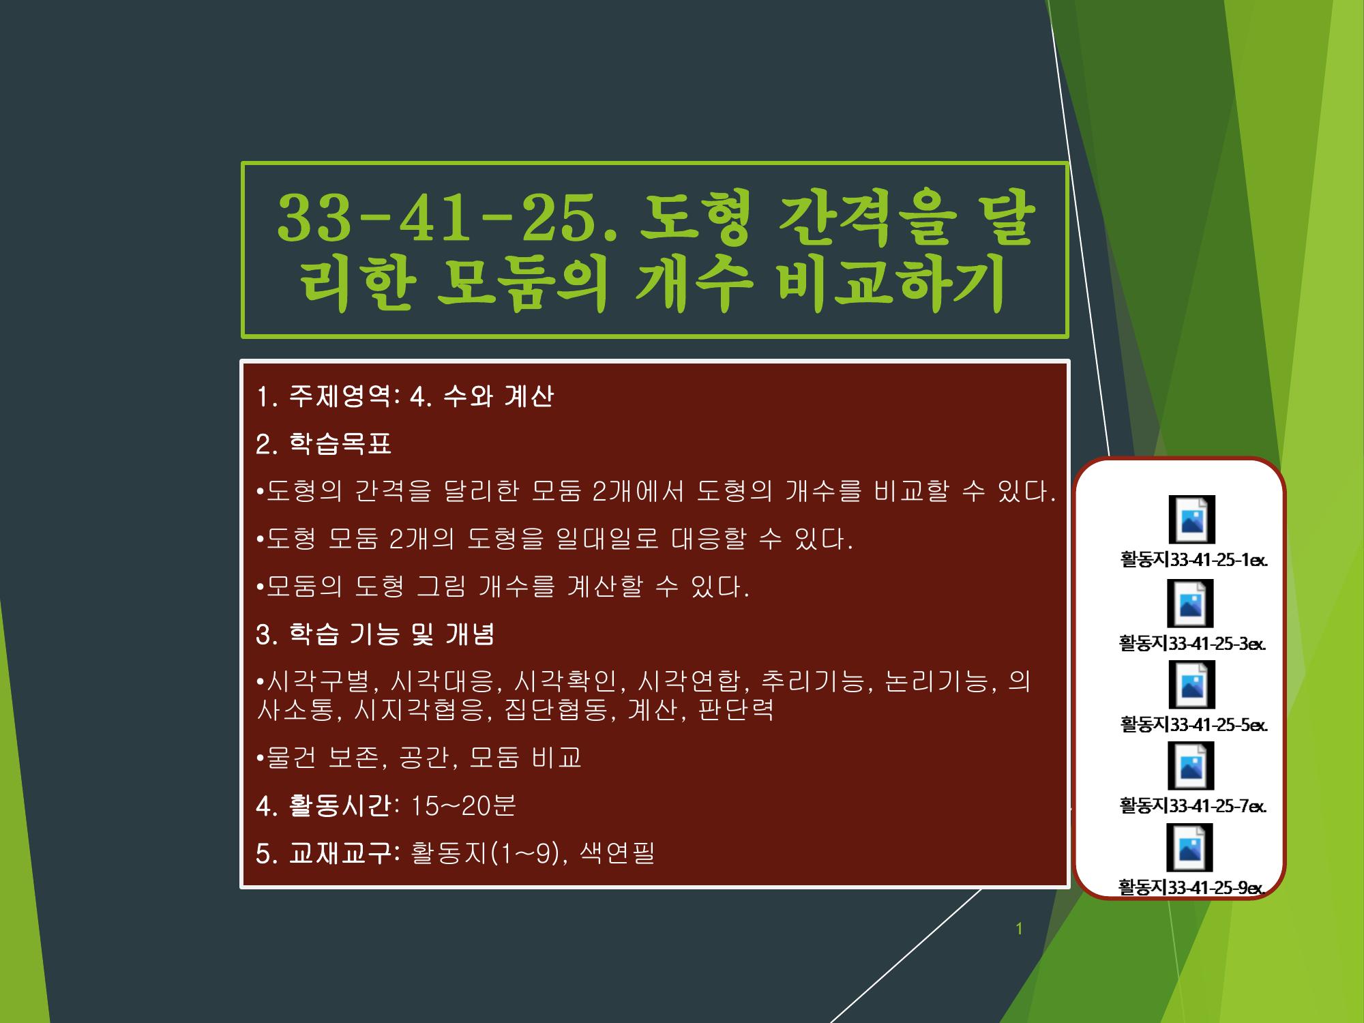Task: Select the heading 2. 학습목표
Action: (323, 444)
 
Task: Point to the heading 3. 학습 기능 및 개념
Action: (375, 634)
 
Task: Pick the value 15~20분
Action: (464, 805)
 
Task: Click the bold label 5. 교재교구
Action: (326, 853)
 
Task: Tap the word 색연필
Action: (617, 853)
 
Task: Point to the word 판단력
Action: (737, 709)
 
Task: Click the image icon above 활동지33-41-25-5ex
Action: (1191, 685)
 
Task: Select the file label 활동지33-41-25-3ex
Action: (1192, 643)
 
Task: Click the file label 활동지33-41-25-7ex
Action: (1193, 805)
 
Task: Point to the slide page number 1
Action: (1019, 929)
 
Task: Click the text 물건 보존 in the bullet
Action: (321, 757)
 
